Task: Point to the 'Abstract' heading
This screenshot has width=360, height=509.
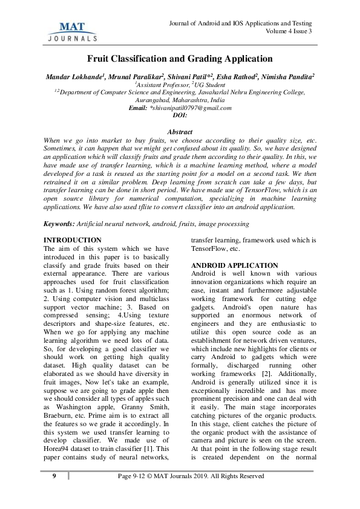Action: (x=180, y=132)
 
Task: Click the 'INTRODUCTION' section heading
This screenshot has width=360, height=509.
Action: (x=68, y=241)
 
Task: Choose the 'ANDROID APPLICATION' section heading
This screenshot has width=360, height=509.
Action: (x=226, y=265)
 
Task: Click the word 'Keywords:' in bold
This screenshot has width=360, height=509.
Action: (x=59, y=224)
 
